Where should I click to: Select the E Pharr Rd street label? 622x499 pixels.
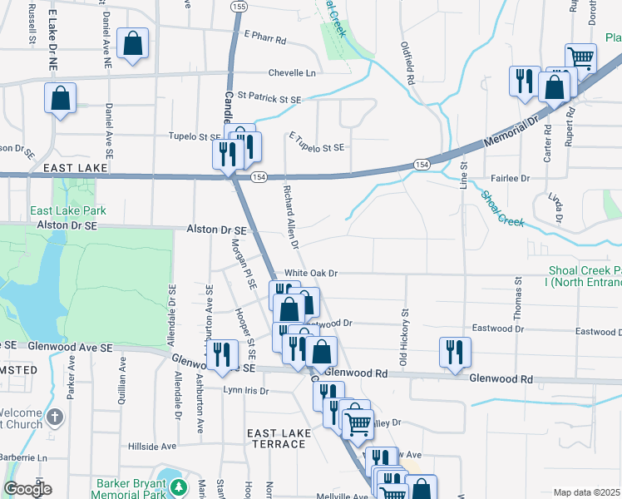point(265,39)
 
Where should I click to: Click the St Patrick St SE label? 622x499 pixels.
point(269,99)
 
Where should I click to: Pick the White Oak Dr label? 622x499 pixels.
point(312,273)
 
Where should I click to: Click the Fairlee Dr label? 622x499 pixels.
point(511,179)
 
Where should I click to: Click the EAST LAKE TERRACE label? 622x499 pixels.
point(278,438)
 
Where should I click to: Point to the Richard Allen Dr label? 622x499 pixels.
point(290,217)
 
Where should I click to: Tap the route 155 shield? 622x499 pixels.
point(239,6)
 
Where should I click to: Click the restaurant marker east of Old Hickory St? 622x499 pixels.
point(455,349)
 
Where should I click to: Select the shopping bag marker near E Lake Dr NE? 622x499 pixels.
point(61,97)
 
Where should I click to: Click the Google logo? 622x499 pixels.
point(27,489)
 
